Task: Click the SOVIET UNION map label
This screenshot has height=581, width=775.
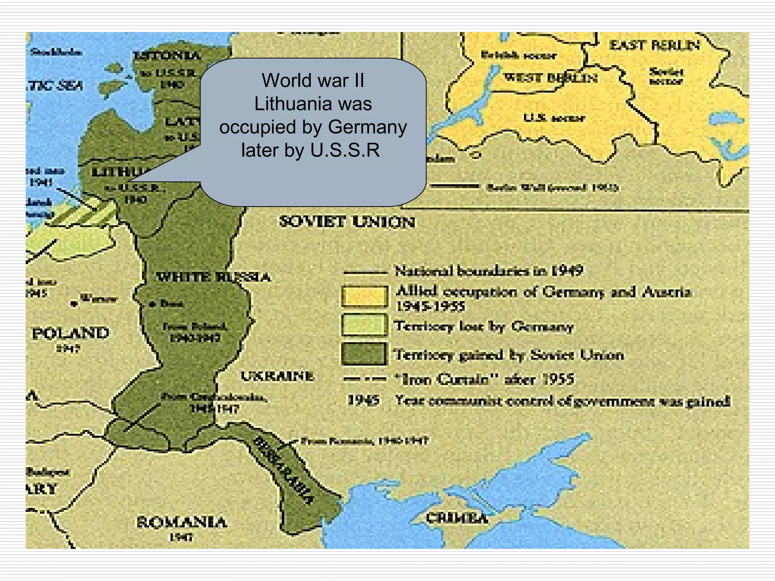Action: point(347,222)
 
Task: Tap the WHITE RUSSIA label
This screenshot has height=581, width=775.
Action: point(213,277)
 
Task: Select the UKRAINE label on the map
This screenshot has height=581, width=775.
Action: point(277,376)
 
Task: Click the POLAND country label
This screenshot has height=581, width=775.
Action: point(70,333)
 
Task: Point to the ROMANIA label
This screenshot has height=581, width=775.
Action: point(182,522)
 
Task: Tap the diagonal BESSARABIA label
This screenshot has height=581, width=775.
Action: point(283,471)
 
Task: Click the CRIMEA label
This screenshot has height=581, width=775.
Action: point(457,518)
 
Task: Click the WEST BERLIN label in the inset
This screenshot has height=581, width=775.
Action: point(551,78)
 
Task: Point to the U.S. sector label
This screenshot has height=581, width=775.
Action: point(554,118)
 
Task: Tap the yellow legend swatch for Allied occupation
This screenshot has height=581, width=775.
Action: point(364,296)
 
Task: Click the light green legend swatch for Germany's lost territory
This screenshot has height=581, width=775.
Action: point(364,325)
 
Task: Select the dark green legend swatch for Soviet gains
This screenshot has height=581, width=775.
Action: point(364,354)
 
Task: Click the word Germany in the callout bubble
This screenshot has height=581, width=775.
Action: point(367,127)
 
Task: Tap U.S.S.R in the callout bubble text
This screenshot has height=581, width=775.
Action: point(345,150)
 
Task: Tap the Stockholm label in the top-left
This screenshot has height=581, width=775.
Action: point(56,52)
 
